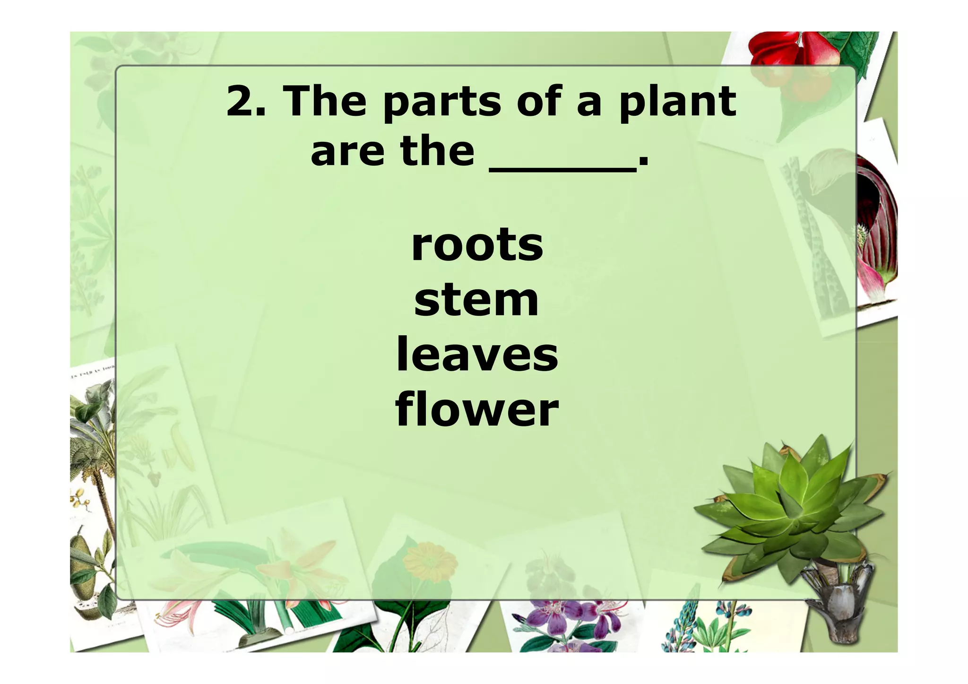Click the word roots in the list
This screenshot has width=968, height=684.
point(477,245)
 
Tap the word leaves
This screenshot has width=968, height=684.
point(477,355)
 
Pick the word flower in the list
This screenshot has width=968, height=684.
point(477,409)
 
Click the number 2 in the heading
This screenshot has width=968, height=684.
point(241,101)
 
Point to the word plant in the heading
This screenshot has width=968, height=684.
point(677,101)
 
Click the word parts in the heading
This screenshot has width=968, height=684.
point(442,102)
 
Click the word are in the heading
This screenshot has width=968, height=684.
point(347,152)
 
